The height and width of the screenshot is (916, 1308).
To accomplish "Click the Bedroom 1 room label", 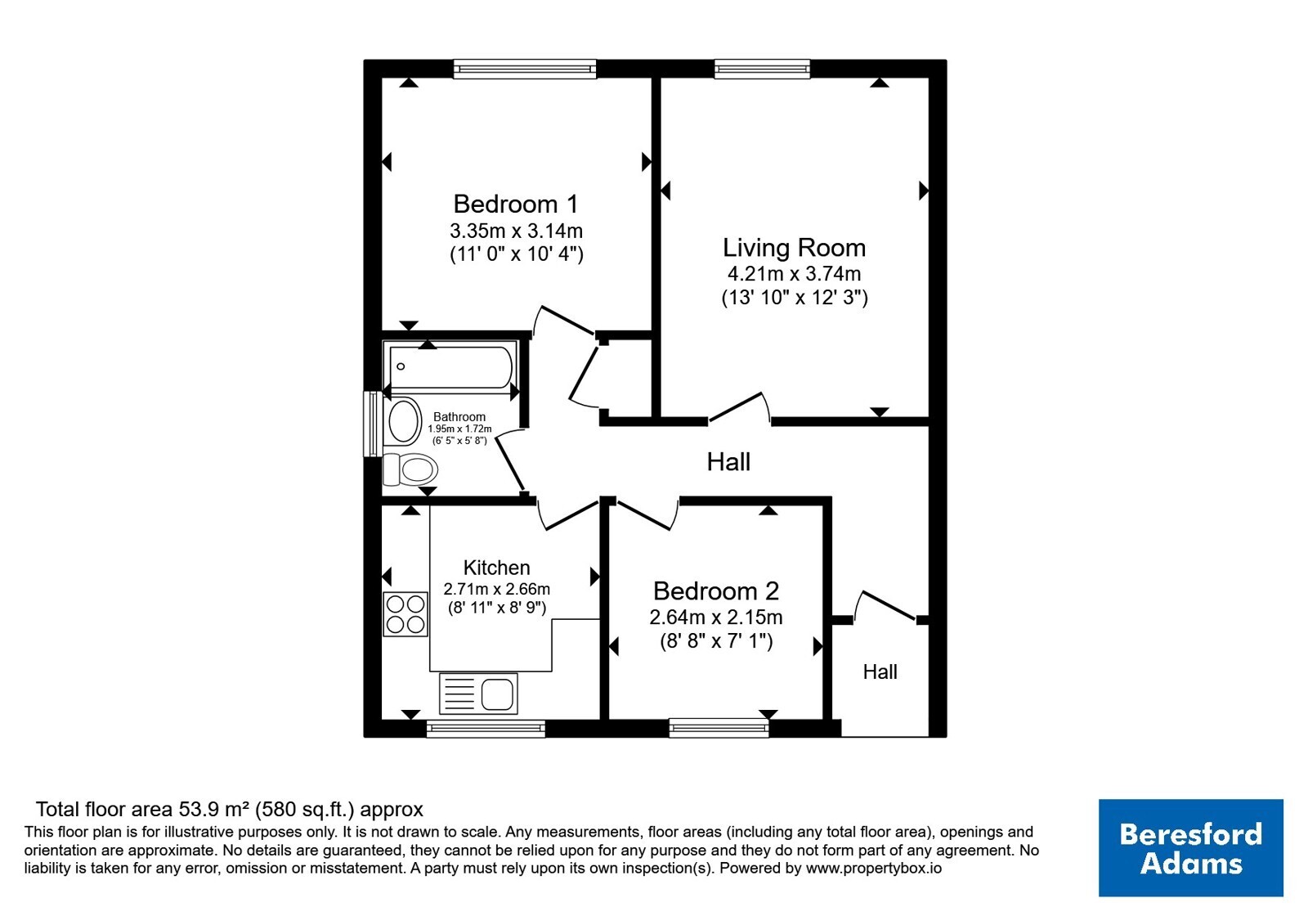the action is coord(516,204).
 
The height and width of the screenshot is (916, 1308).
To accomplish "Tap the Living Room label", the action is coord(794,248).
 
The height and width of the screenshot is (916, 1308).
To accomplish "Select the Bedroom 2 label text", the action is coord(716,591).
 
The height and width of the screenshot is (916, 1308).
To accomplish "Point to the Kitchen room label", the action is coord(496,568).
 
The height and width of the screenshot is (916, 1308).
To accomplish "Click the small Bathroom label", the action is coord(459,416).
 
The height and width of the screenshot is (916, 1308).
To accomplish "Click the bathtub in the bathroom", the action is coord(450,367).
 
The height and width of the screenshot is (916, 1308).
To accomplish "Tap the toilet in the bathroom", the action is coord(410,469).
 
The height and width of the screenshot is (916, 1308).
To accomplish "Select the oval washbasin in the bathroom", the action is coord(405,420).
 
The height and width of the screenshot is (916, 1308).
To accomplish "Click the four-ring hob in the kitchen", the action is coord(405,614).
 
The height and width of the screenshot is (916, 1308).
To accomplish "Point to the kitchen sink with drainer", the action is coord(478,694).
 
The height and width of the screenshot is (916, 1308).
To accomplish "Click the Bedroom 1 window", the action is coord(525,69).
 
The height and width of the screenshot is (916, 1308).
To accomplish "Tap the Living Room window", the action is coord(762,69).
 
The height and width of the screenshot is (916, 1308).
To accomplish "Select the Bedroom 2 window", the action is coord(719,728).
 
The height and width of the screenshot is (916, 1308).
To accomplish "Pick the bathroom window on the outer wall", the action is coord(373,424).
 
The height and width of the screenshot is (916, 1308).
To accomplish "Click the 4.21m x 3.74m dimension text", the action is coord(794,273).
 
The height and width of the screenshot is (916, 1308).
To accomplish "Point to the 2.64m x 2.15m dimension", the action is coord(716,617).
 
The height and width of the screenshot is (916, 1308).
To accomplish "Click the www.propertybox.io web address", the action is coord(874,868).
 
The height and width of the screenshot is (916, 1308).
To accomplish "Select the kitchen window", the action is coord(486,729).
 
